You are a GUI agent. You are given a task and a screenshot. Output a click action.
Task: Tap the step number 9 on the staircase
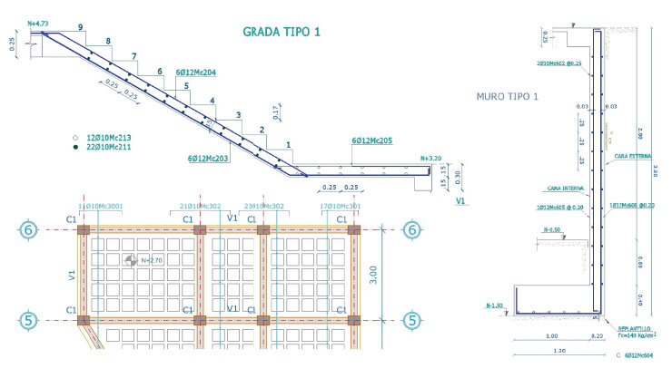coord(81,28)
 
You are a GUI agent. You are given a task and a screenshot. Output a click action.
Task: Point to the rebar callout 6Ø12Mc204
coord(195,71)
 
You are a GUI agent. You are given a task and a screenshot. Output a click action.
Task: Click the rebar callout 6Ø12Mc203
coord(208,159)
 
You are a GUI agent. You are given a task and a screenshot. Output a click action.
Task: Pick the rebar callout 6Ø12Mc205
coord(372,141)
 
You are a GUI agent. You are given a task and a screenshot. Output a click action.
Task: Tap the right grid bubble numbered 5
coord(413,319)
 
